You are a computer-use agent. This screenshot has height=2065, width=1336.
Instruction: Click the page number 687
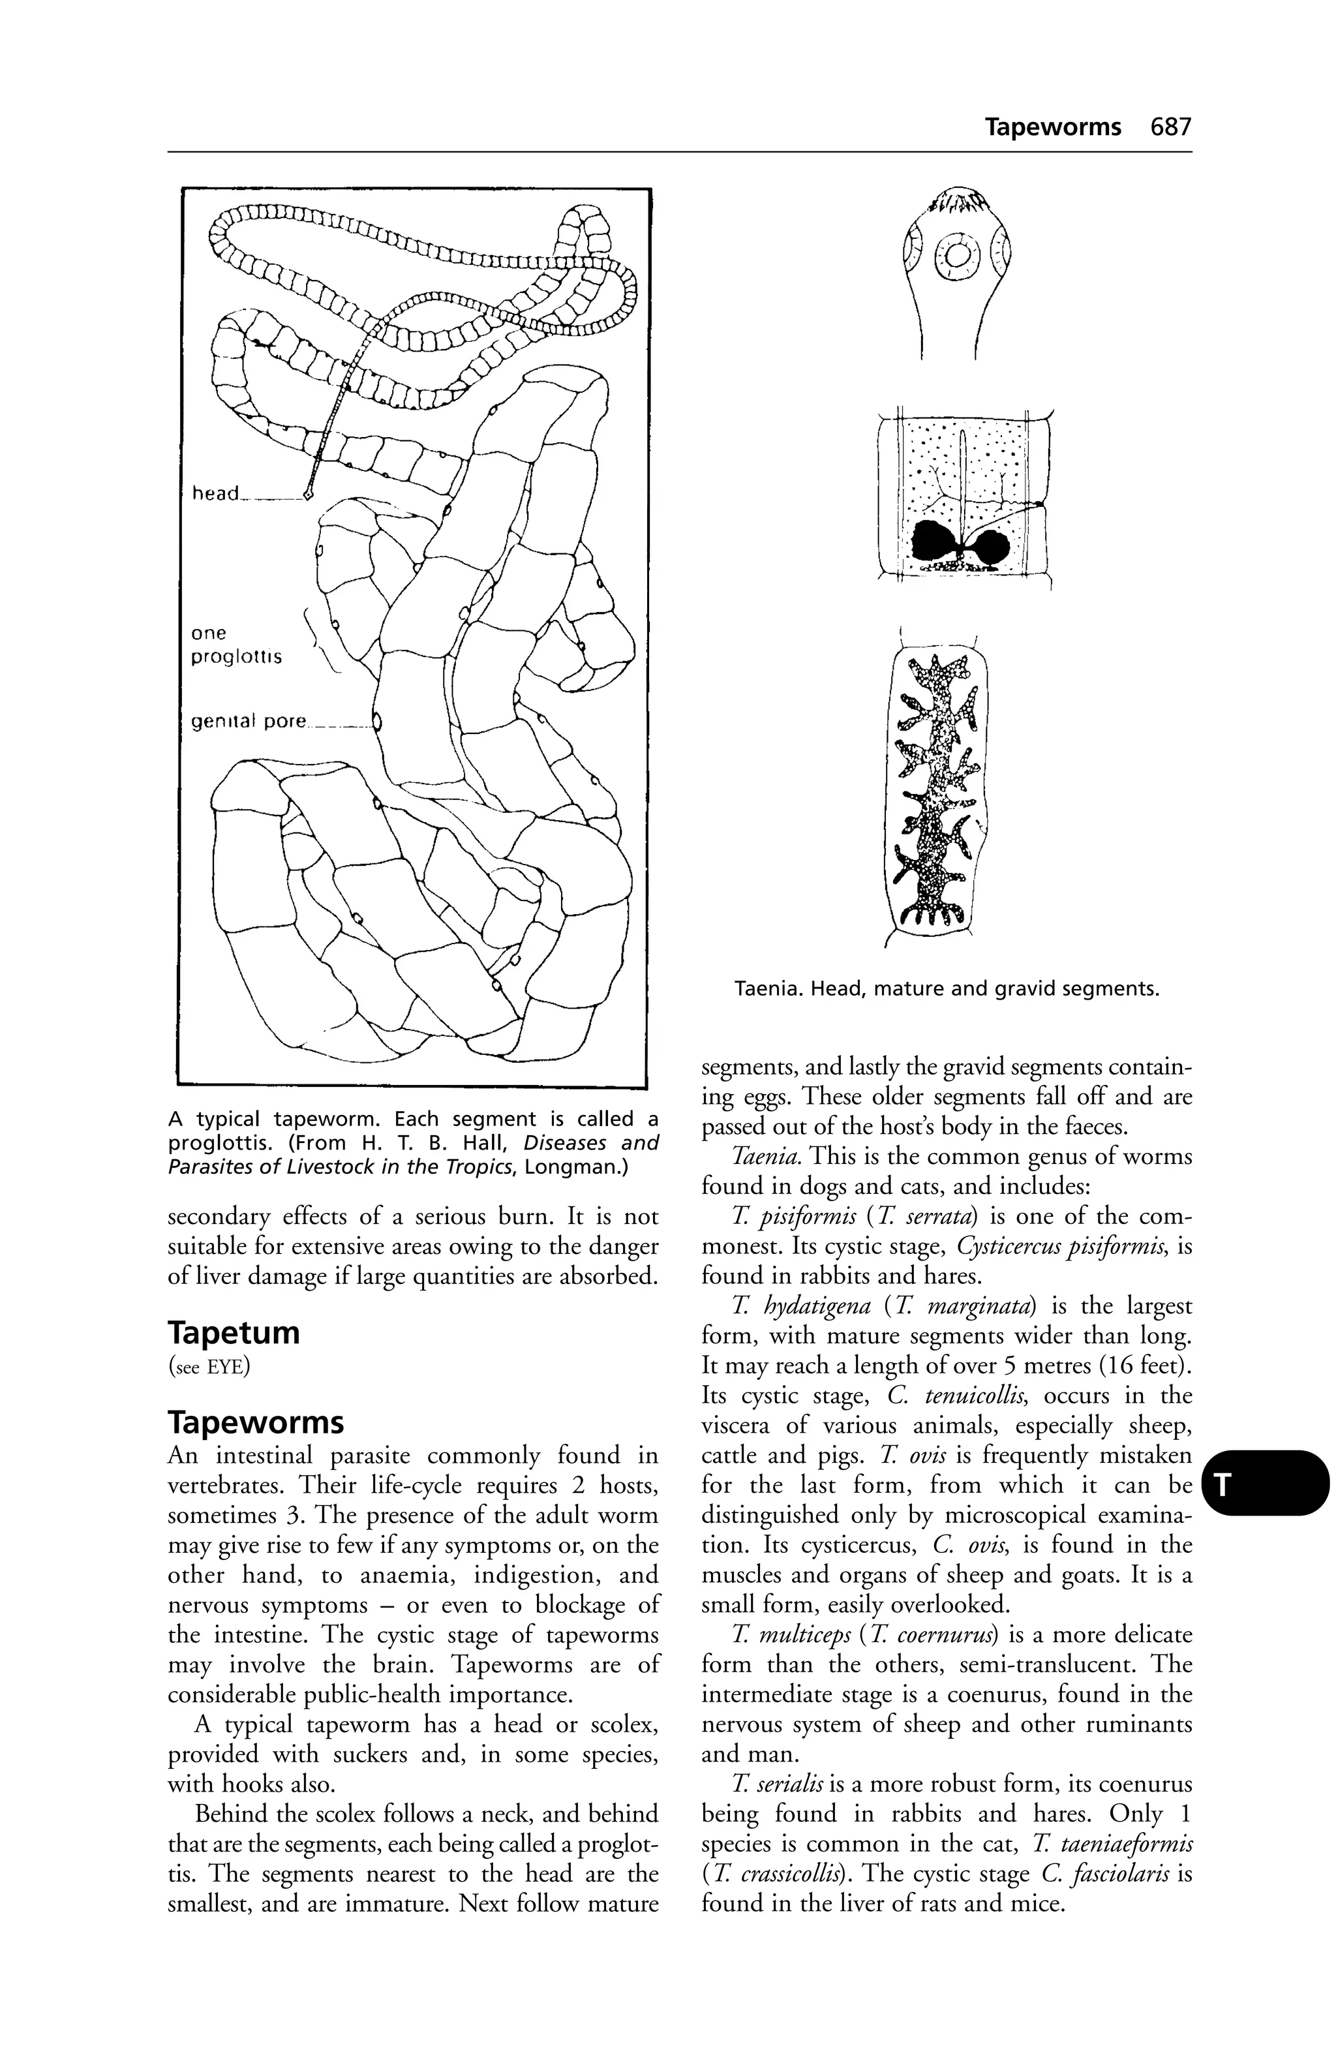click(x=1170, y=127)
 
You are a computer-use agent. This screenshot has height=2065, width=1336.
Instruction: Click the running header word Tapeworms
click(x=1052, y=127)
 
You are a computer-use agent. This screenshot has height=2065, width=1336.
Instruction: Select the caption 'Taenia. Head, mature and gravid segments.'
click(x=946, y=988)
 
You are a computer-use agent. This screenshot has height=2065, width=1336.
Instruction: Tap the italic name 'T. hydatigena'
click(x=800, y=1306)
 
